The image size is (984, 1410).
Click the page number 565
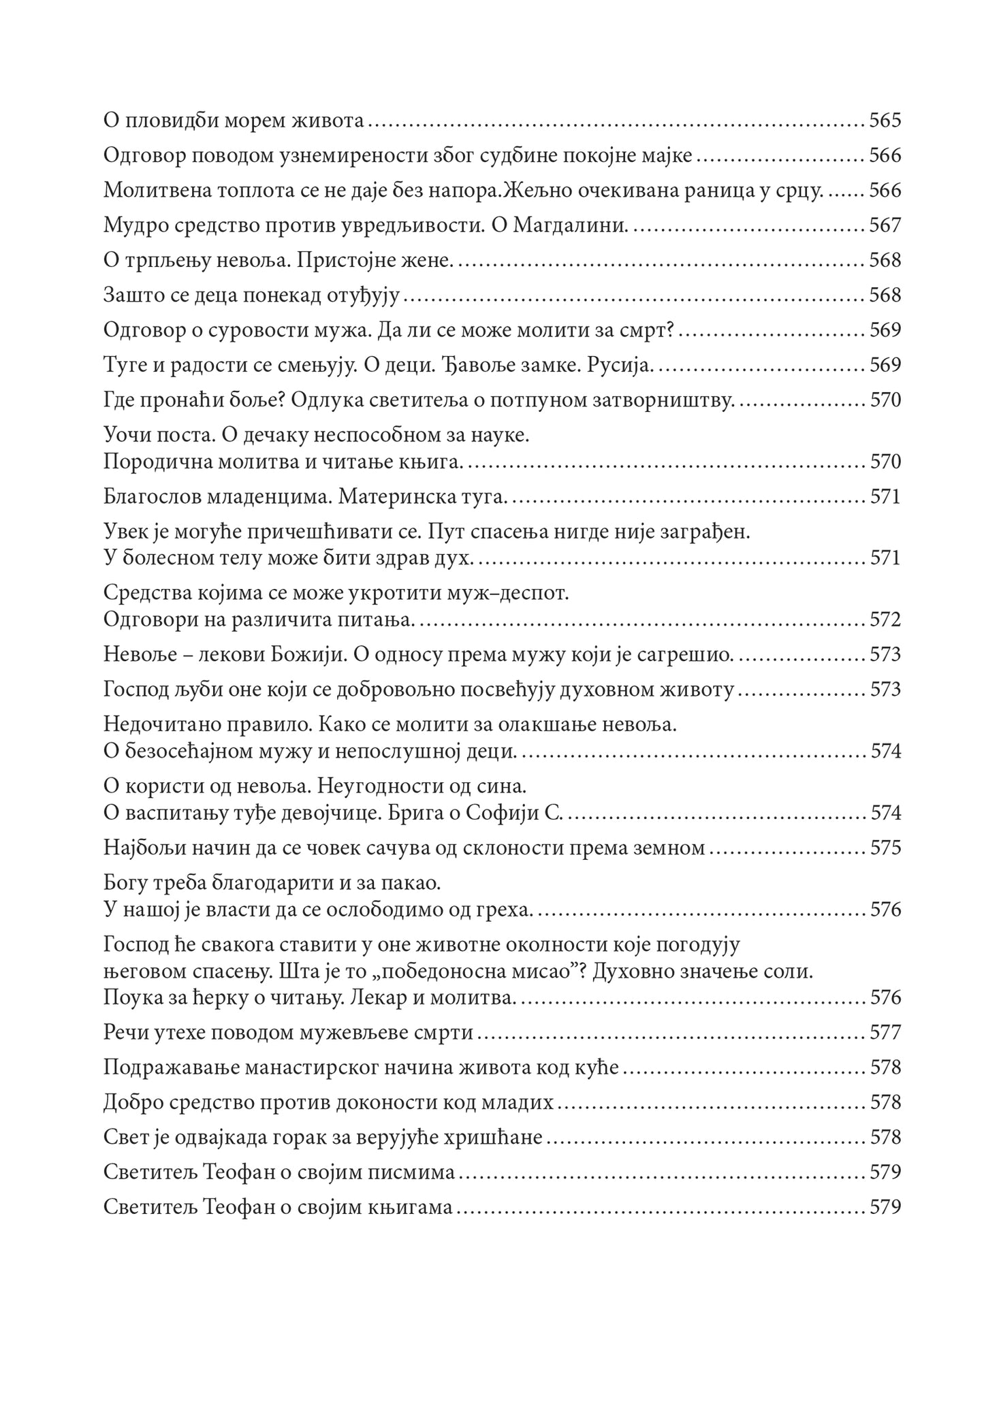click(x=885, y=121)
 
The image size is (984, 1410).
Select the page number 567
click(x=885, y=225)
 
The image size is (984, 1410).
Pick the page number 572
click(x=885, y=620)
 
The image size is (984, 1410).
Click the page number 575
click(x=885, y=848)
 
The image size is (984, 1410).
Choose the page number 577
click(x=885, y=1033)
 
